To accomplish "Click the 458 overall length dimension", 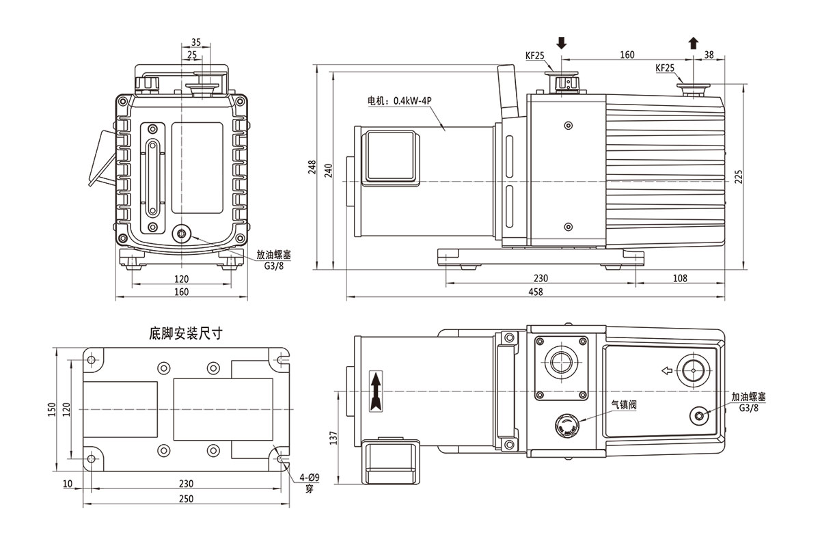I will pyautogui.click(x=536, y=292).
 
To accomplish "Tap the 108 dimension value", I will pyautogui.click(x=679, y=278).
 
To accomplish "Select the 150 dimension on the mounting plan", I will pyautogui.click(x=52, y=409).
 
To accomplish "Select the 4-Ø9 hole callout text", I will pyautogui.click(x=309, y=479).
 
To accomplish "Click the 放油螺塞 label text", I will pyautogui.click(x=274, y=254).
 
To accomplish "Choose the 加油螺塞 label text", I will pyautogui.click(x=748, y=396).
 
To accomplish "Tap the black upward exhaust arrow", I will pyautogui.click(x=694, y=43).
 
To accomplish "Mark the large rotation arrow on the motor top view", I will pyautogui.click(x=374, y=391).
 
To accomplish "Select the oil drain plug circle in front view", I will pyautogui.click(x=182, y=234).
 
